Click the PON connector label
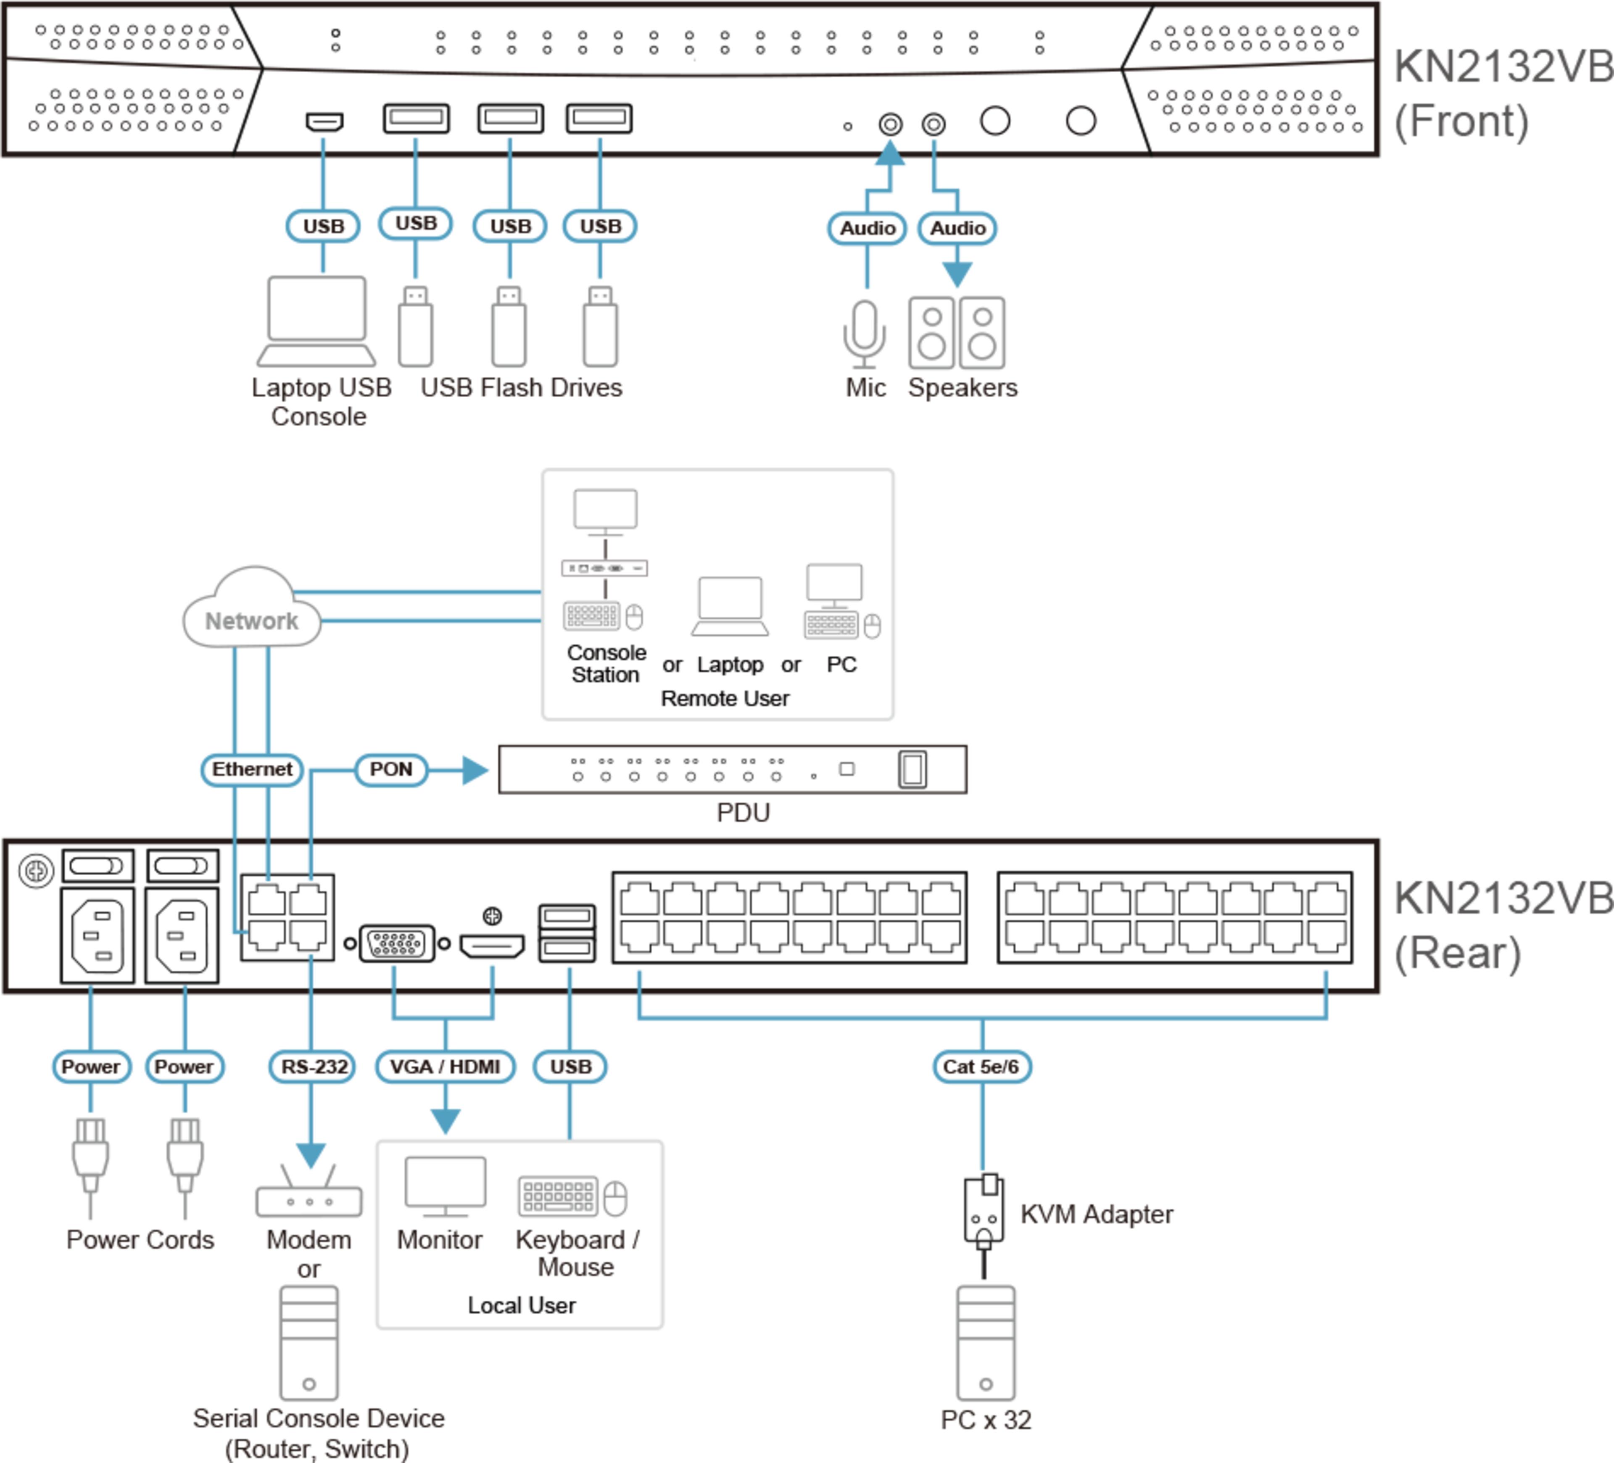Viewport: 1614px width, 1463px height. [391, 769]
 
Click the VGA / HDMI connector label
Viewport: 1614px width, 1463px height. [445, 1067]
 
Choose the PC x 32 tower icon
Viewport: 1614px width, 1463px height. [986, 1343]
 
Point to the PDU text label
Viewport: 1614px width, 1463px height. [743, 813]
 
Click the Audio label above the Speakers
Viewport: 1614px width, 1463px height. [957, 228]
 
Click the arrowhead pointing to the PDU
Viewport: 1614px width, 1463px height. [475, 770]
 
